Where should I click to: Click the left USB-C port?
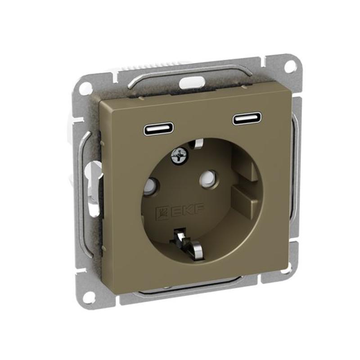point(159,130)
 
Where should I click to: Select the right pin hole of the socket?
point(208,177)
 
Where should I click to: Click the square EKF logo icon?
point(162,212)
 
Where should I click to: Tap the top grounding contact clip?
point(198,144)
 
